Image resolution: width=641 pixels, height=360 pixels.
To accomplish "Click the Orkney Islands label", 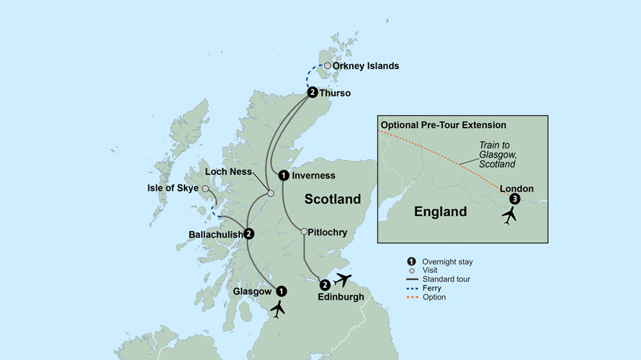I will pyautogui.click(x=365, y=66).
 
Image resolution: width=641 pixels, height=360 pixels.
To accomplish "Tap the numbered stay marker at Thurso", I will pyautogui.click(x=312, y=92).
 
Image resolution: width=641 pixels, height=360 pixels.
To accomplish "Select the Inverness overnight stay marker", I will pyautogui.click(x=284, y=175).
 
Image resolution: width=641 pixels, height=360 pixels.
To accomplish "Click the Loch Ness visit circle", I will pyautogui.click(x=270, y=193).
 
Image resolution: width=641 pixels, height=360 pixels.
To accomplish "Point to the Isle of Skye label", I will pyautogui.click(x=172, y=189).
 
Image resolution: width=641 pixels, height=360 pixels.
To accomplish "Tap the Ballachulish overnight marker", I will pyautogui.click(x=248, y=233).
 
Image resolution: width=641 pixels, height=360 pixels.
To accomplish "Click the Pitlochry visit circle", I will pyautogui.click(x=304, y=232).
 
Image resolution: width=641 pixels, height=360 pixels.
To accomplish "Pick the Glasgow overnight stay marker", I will pyautogui.click(x=282, y=291).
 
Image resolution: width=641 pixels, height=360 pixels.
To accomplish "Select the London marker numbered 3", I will pyautogui.click(x=514, y=199).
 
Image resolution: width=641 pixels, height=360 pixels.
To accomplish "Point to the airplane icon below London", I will pyautogui.click(x=510, y=215).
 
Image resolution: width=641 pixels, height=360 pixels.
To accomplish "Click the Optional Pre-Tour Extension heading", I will pyautogui.click(x=443, y=125).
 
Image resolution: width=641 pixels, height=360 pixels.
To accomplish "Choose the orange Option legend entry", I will pyautogui.click(x=433, y=297).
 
